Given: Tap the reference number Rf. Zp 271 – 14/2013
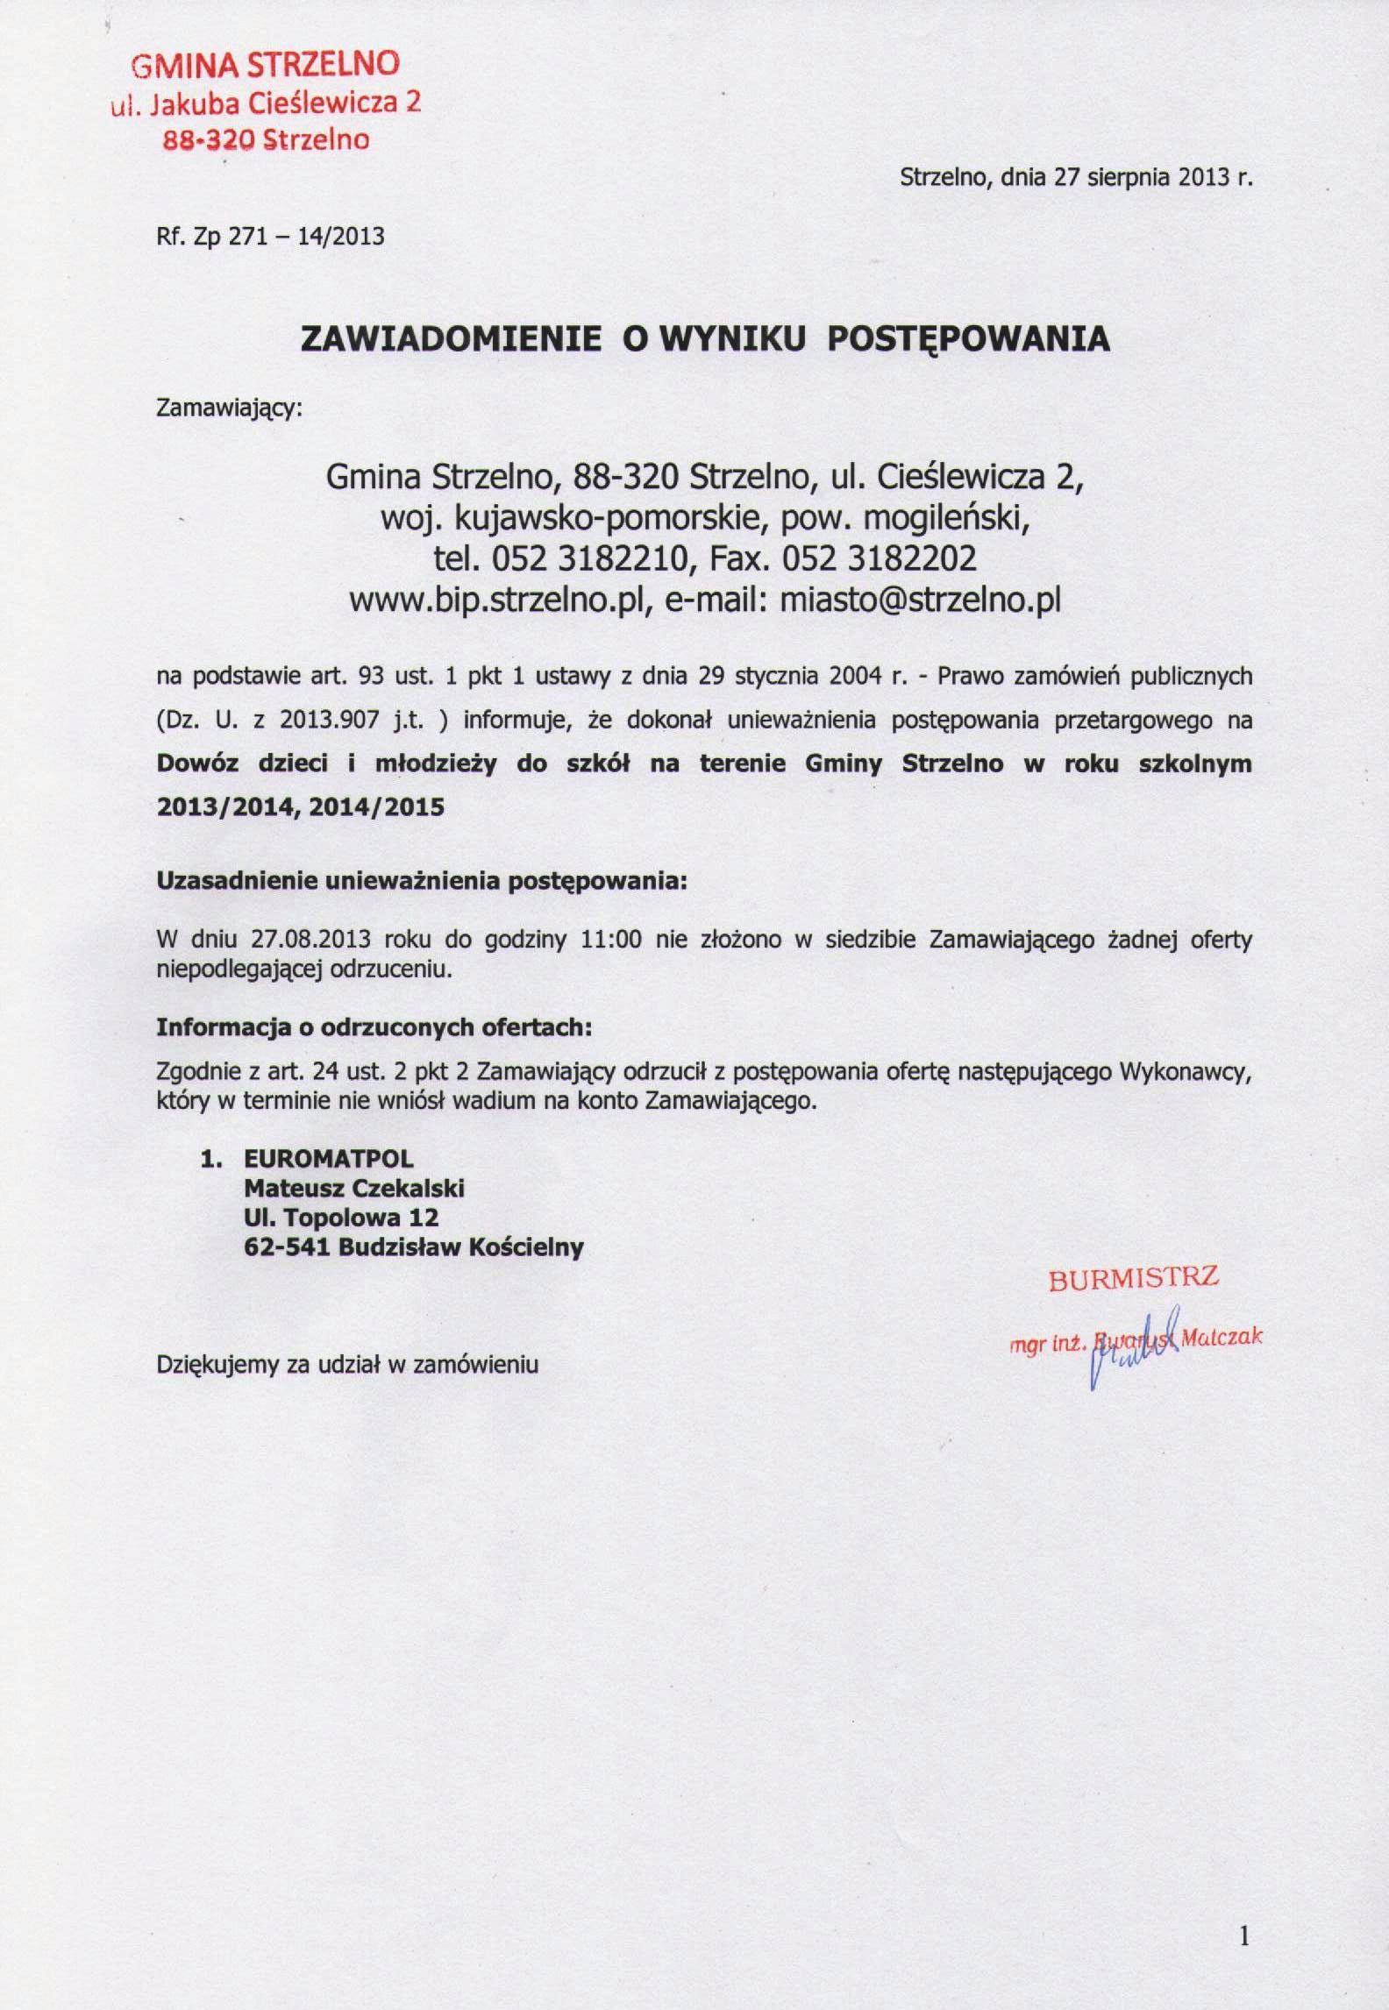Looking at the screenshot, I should coord(270,237).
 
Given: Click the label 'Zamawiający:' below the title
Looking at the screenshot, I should coord(228,409).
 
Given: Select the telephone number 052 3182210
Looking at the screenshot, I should coord(579,558).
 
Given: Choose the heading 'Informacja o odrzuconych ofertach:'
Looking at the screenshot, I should coord(374,1028).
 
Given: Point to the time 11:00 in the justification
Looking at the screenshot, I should coord(613,941).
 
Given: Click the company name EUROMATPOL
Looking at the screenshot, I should coord(328,1159).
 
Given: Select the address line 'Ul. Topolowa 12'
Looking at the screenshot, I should coord(341,1218).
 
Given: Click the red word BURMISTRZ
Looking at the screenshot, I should coord(1133,1279).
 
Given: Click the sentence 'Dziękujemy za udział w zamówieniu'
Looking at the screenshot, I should coord(346,1365).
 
